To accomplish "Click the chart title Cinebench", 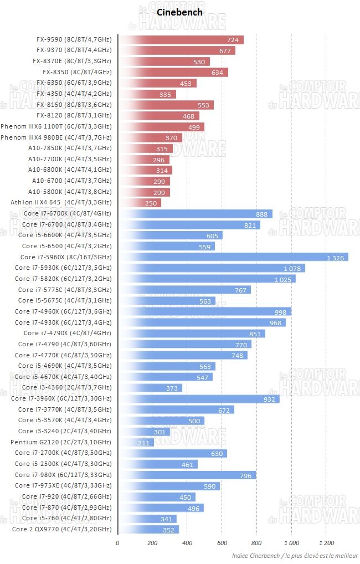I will coord(172,12).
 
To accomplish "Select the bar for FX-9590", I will coord(181,40).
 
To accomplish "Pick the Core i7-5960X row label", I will coord(66,257).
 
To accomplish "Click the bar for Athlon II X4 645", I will coord(140,203).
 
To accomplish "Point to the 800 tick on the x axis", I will coord(256,542).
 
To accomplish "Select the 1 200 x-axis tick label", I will coord(326,542).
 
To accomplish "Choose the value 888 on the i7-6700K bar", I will coord(262,214).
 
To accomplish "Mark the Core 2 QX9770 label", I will coord(61,529).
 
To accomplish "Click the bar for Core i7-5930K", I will coord(212,268).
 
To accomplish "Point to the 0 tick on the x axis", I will coord(117,542).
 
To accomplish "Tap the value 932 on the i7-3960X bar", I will coord(270,399).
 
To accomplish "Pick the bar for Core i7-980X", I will coord(187,475).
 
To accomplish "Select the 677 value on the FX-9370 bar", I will coord(225,51).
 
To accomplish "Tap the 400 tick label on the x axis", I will coord(187,542).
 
